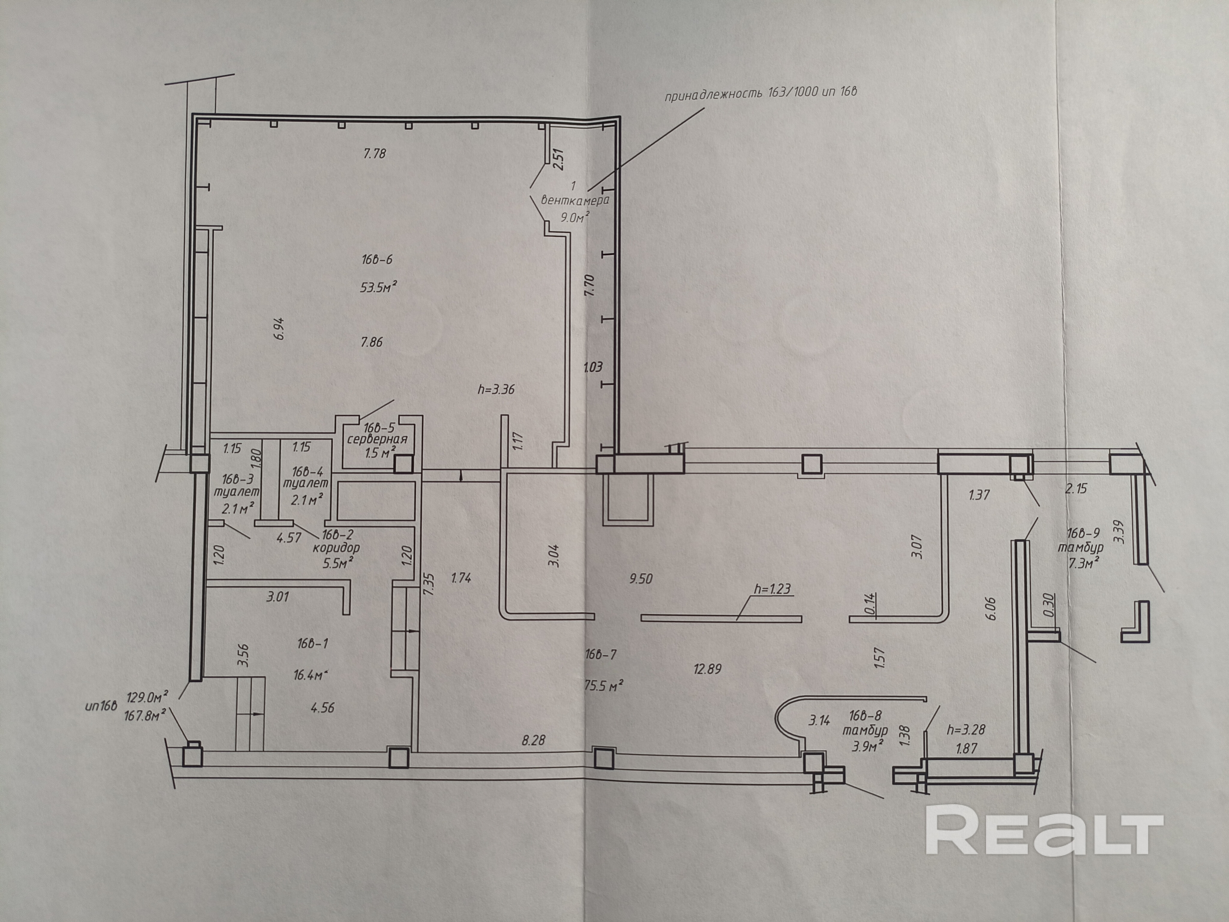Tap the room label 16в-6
[x=377, y=259]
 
